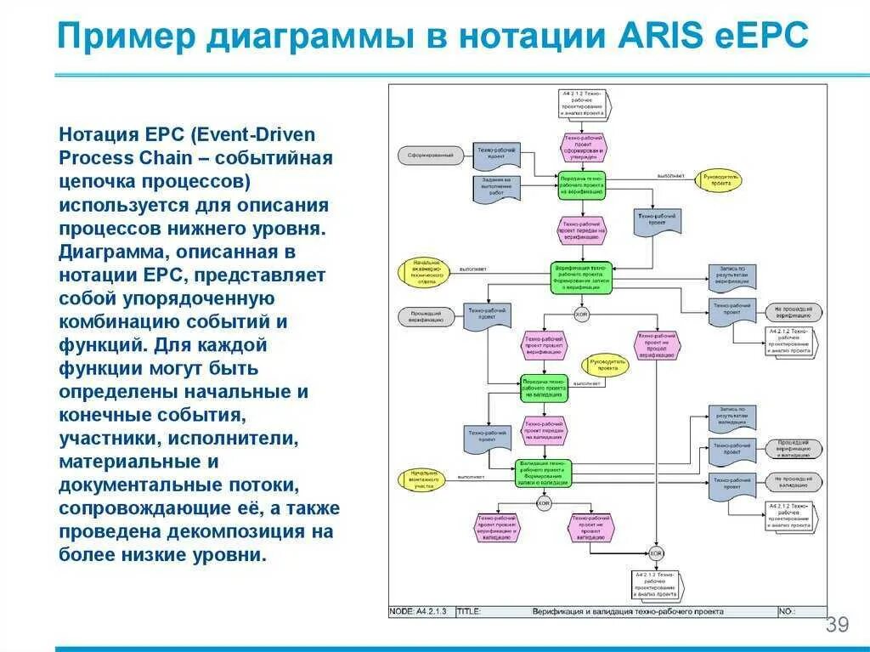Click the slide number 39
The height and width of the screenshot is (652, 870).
point(837,626)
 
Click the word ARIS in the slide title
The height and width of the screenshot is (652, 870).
point(652,37)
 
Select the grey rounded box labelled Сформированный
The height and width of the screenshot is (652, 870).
point(430,155)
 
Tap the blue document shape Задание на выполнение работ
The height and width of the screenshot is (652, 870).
point(495,186)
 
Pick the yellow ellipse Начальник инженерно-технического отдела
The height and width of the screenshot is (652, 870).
point(423,271)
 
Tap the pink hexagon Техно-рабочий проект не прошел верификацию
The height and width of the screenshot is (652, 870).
point(658,343)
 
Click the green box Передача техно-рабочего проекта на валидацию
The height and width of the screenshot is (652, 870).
point(545,387)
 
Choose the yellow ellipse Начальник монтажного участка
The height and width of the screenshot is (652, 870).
point(423,479)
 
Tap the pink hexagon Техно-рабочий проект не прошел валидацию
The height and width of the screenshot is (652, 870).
point(591,527)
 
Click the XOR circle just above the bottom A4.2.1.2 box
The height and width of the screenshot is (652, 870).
point(655,553)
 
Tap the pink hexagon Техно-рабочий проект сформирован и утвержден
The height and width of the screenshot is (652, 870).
point(584,146)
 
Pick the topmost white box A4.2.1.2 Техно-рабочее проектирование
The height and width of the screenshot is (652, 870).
point(584,102)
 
